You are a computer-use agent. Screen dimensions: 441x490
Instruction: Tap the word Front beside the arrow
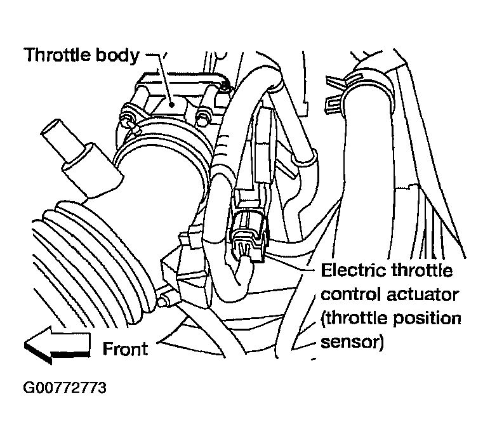click(x=125, y=348)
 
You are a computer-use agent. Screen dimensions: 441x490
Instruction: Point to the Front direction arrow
click(x=56, y=346)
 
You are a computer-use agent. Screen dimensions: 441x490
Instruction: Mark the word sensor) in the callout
click(x=352, y=343)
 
